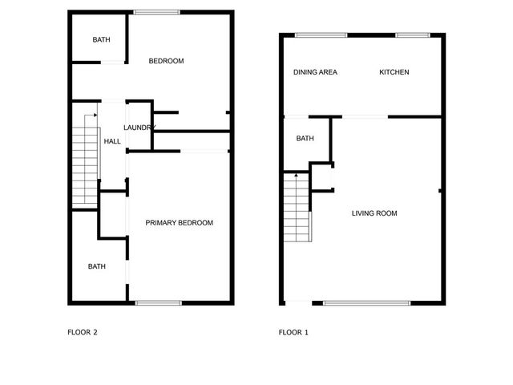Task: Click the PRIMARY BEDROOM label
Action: [179, 223]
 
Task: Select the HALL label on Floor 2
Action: [112, 142]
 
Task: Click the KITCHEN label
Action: [394, 72]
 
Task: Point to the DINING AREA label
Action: [315, 72]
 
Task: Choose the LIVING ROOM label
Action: [374, 213]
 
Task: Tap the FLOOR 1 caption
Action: [293, 331]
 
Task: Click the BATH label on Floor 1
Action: [305, 139]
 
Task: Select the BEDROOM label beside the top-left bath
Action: [167, 61]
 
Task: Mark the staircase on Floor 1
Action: [296, 210]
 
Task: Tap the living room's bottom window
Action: [367, 303]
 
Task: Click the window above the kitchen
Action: [413, 34]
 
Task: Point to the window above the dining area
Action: [321, 34]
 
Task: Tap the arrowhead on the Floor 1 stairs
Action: [297, 173]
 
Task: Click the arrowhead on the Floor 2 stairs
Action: [95, 115]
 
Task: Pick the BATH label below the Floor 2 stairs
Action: [97, 267]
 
